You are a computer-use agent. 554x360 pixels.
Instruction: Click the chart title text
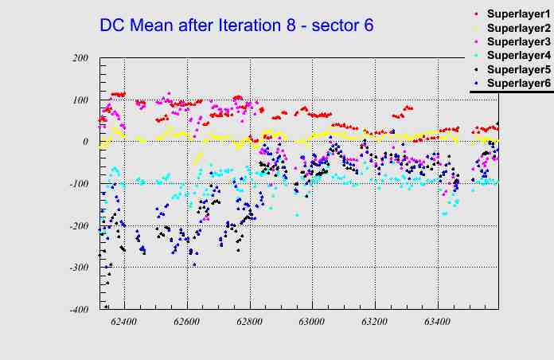[236, 25]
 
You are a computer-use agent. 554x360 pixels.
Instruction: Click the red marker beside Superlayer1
[477, 14]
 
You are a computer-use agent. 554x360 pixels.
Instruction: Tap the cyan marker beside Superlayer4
[477, 55]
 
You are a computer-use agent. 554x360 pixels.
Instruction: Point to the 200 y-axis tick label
[80, 58]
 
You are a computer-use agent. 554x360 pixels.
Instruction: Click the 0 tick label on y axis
[85, 142]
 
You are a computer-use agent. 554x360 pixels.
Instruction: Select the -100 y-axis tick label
[78, 184]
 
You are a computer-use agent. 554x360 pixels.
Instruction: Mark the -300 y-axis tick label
[78, 268]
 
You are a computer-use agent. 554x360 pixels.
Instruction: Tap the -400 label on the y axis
[78, 309]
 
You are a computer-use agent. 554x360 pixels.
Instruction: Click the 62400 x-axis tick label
[124, 323]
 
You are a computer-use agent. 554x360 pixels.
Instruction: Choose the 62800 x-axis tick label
[249, 323]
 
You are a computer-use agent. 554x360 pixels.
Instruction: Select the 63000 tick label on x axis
[311, 323]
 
